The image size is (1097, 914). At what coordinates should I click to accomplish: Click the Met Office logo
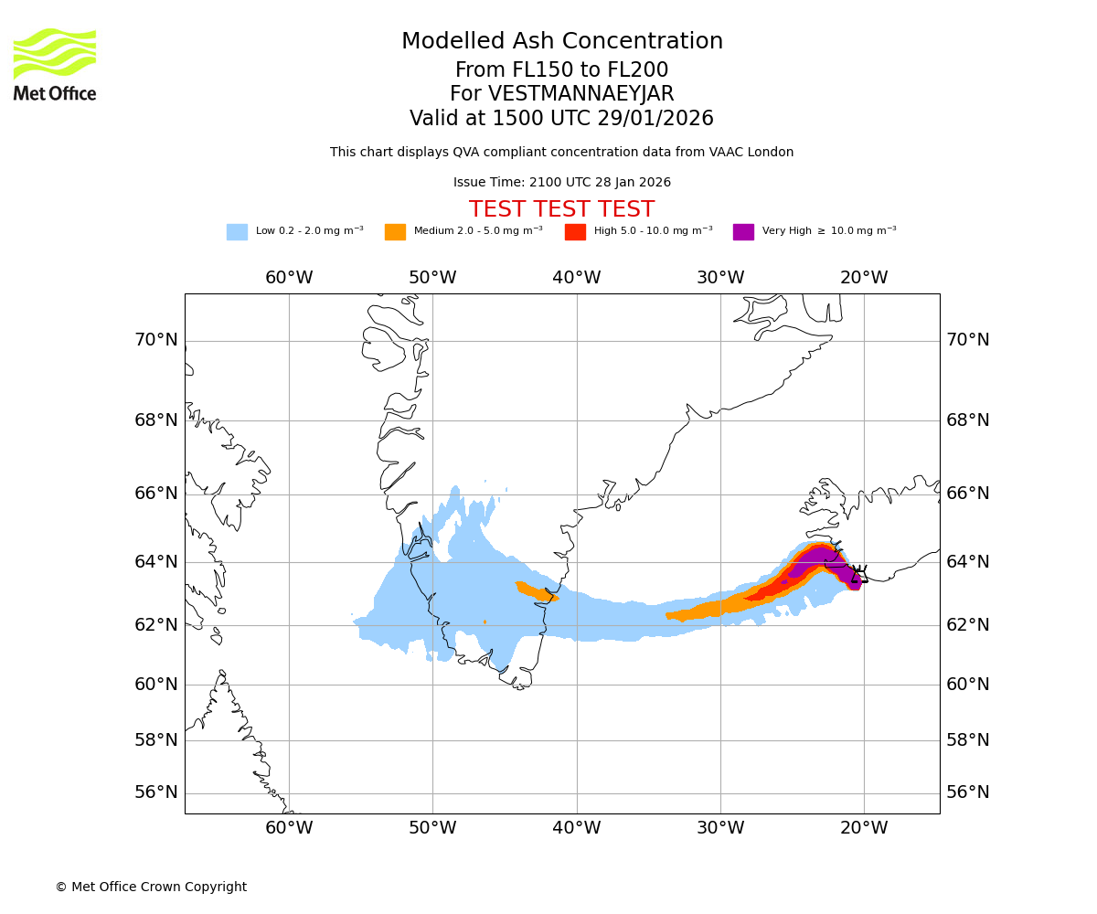[55, 64]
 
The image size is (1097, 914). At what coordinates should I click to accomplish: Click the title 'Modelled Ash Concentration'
[562, 41]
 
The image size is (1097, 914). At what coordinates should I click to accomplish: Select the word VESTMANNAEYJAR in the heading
[580, 94]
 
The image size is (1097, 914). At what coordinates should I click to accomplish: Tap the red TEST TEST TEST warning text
[561, 209]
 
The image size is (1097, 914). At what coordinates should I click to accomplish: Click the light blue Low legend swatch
[237, 232]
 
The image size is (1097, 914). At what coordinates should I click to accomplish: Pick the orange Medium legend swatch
[395, 232]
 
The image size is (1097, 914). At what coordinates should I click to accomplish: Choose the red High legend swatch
[575, 232]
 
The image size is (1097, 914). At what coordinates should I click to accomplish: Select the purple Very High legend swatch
[743, 232]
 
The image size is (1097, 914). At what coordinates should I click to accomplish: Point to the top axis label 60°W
[289, 278]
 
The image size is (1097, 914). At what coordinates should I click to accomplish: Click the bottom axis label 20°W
[864, 828]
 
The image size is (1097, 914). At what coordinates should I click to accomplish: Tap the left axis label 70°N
[156, 340]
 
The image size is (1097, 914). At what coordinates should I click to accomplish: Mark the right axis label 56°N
[968, 792]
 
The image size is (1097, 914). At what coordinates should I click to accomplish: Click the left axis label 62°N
[156, 624]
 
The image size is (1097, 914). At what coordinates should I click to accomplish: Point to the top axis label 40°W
[577, 278]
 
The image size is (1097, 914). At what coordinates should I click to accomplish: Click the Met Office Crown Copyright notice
[151, 887]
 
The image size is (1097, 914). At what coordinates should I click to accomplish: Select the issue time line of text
[561, 182]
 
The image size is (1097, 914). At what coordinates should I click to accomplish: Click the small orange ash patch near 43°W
[535, 591]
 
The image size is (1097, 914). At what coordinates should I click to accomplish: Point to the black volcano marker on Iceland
[858, 575]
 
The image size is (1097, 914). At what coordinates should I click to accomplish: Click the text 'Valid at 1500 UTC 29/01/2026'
[561, 119]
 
